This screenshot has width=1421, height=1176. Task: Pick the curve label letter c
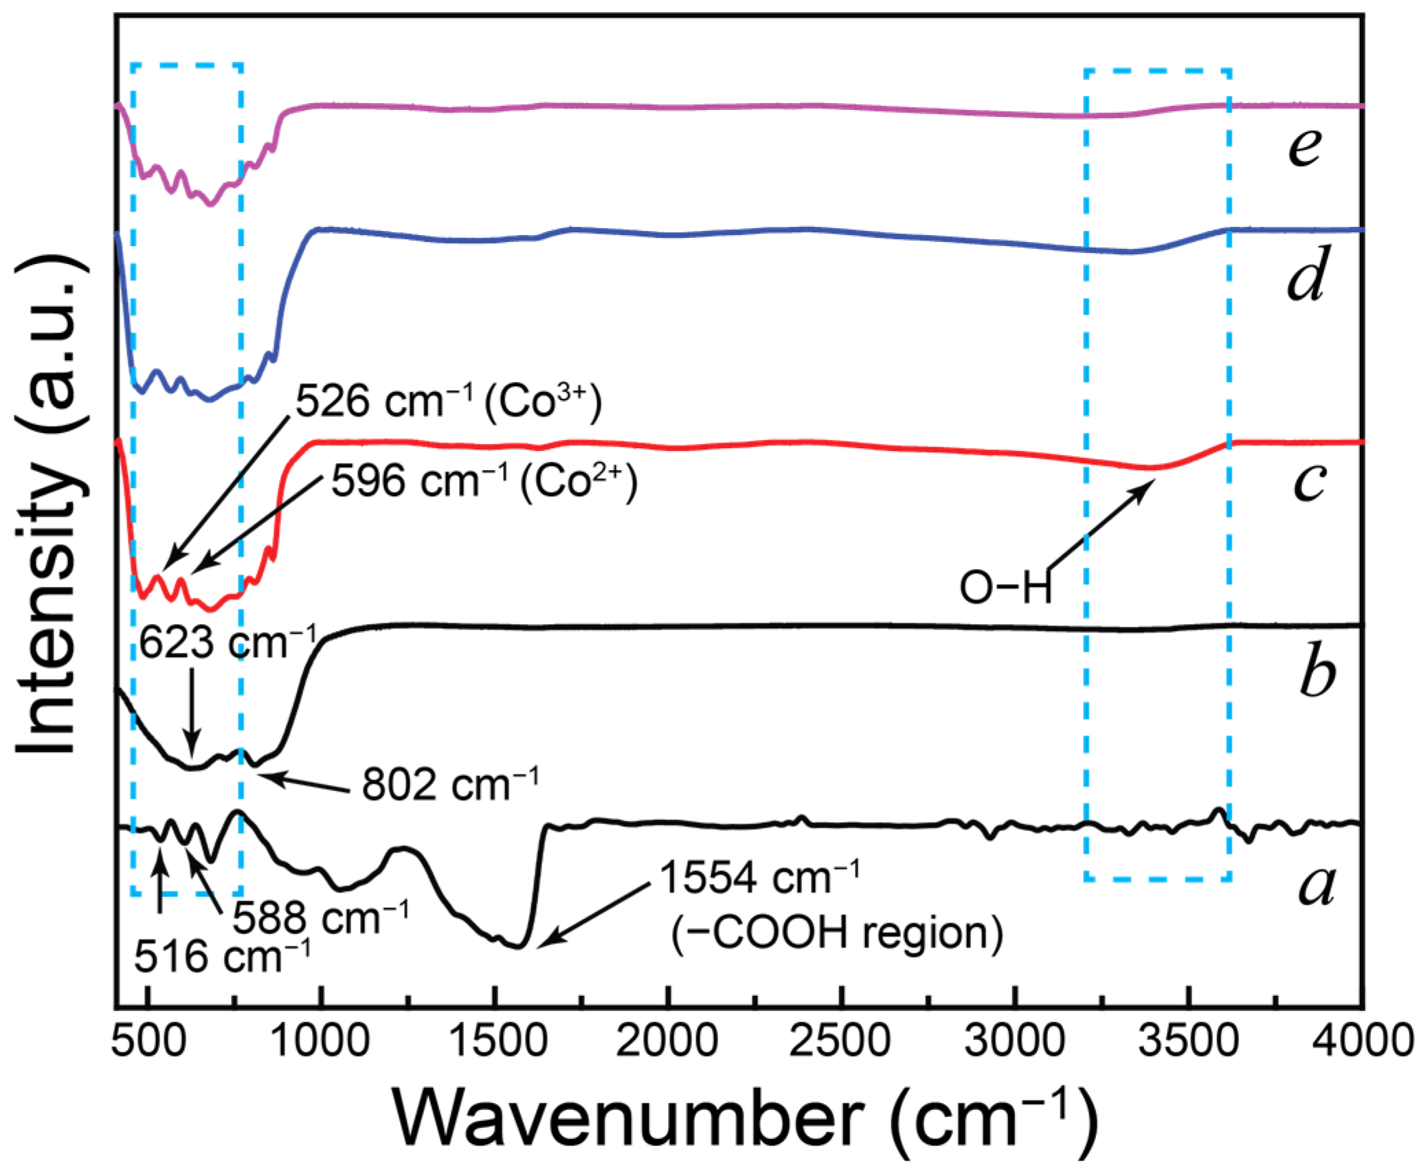pos(1308,481)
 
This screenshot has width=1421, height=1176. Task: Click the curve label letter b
pos(1317,671)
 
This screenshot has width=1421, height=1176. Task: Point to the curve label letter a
pos(1316,885)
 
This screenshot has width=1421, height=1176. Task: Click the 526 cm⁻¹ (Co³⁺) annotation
pos(448,401)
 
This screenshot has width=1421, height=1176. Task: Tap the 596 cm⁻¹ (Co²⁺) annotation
pos(484,481)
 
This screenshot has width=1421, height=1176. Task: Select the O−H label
pos(1005,589)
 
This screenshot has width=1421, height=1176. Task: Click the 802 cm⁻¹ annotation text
pos(450,784)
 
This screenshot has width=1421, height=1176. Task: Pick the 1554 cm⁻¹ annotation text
pos(759,878)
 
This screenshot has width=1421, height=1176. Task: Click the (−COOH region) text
pos(836,933)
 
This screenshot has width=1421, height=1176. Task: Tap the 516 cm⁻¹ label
pos(221,956)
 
